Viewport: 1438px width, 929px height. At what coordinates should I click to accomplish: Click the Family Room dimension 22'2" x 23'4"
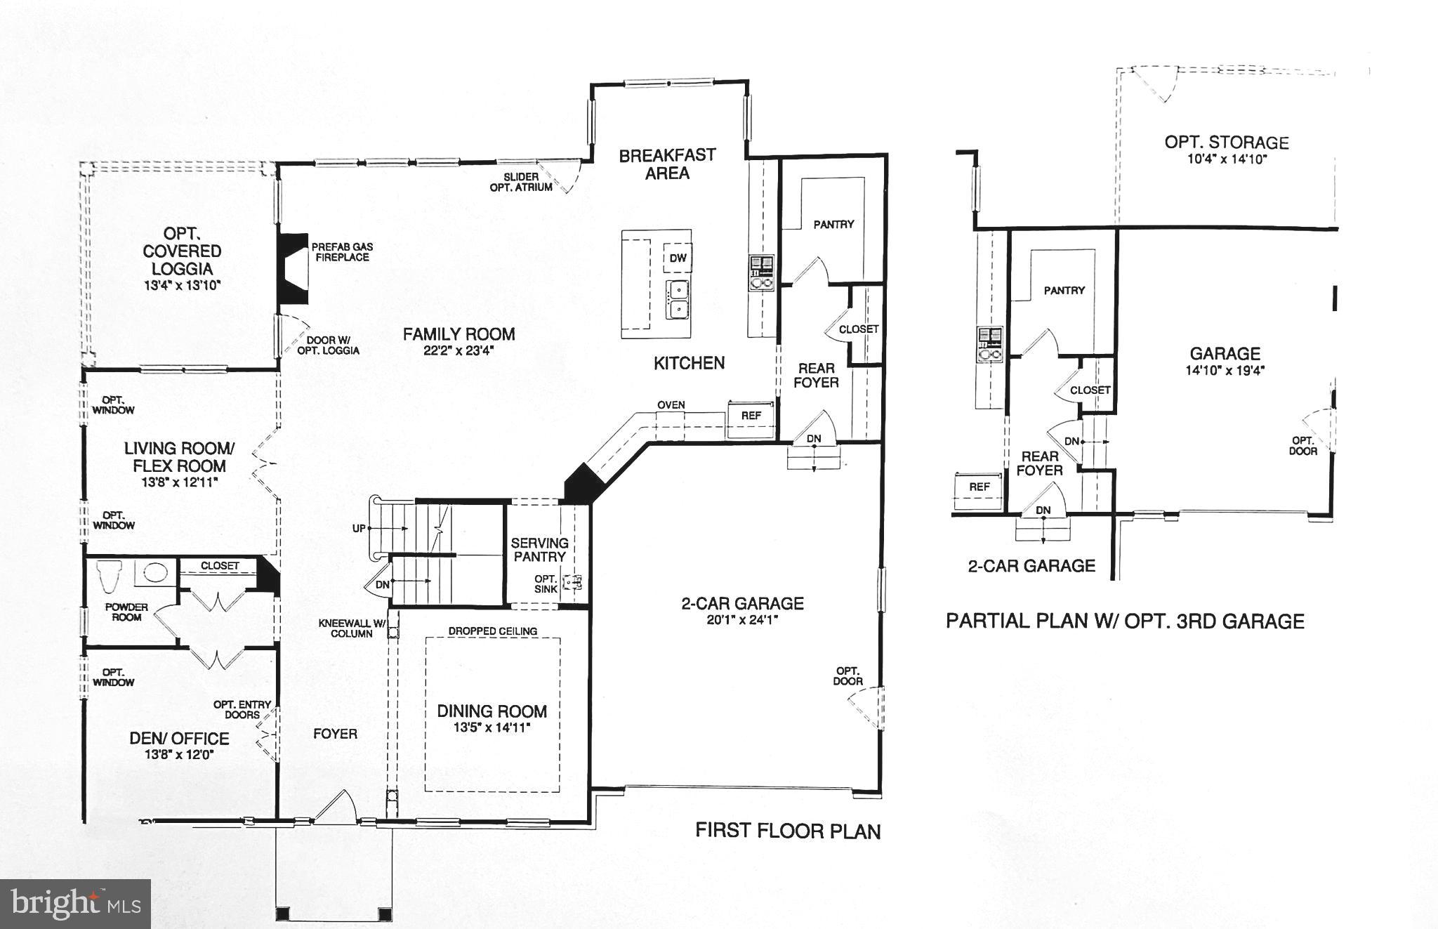pos(459,351)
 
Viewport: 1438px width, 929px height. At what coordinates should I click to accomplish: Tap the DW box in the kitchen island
pos(678,258)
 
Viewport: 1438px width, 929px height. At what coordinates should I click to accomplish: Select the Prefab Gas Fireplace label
pos(342,252)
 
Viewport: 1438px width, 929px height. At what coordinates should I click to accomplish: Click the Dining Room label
pos(492,711)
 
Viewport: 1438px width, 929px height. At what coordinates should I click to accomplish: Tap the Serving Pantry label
pos(539,550)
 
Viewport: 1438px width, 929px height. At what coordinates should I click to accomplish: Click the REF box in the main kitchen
pos(751,416)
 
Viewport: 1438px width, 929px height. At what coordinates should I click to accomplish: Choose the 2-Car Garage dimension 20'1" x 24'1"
pos(743,620)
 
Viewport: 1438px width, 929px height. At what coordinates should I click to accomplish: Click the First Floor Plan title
pos(787,831)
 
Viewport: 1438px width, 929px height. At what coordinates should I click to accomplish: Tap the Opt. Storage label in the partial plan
pos(1226,143)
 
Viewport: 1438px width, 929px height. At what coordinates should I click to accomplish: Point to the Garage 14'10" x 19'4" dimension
pos(1225,371)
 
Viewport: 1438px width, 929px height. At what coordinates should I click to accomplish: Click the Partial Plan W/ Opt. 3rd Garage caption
pos(1125,621)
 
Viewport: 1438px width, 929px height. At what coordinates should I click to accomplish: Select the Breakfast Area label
pos(667,164)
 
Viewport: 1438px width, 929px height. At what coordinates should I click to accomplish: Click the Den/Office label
pos(179,739)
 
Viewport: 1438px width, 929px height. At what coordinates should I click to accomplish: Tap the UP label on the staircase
pos(359,528)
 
